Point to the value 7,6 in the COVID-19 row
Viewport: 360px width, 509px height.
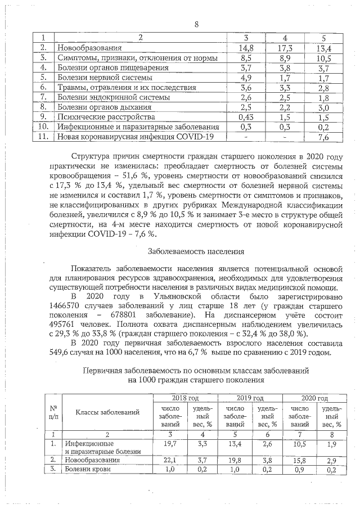pos(323,137)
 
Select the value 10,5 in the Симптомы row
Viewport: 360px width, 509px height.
pos(323,58)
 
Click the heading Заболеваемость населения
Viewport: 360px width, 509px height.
pos(196,251)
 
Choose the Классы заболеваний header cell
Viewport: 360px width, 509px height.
pos(108,412)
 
